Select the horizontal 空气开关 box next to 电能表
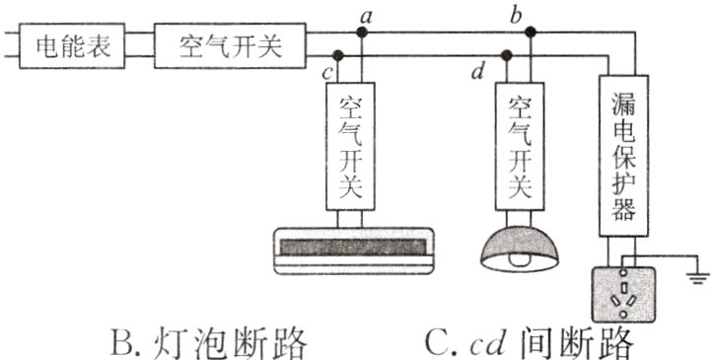pos(231,46)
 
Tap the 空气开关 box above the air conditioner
pos(350,147)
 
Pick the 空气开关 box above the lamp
pos(522,147)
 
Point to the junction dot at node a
pos(363,35)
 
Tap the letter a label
pos(367,16)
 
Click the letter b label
pos(516,15)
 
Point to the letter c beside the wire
pos(326,74)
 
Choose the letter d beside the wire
pos(479,71)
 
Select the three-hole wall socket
pos(622,293)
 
